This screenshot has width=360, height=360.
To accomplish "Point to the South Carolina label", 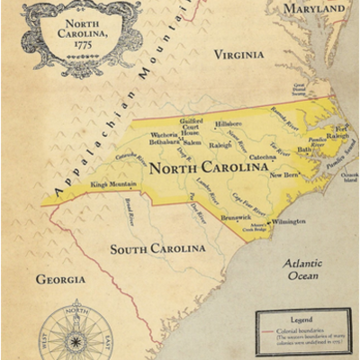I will (157, 248).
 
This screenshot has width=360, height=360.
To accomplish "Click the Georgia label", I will (60, 279).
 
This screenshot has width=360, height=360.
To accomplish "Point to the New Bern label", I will (283, 175).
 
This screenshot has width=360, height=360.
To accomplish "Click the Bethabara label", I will (166, 142).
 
